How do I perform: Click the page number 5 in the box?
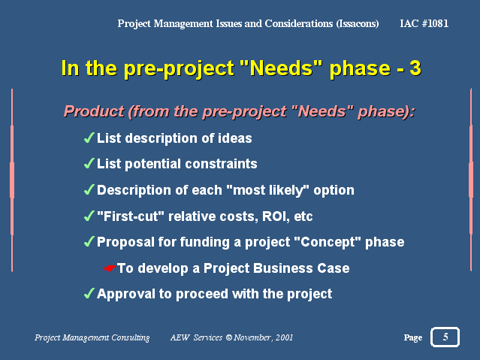445,337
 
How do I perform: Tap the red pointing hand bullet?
110,268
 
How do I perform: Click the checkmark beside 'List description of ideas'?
89,138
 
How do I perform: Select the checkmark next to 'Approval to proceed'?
89,294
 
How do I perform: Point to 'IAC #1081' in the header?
424,23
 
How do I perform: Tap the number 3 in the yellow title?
415,68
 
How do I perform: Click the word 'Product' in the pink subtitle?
94,111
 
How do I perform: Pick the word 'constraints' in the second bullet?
221,164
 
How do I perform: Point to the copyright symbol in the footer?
228,337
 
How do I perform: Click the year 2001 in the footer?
284,337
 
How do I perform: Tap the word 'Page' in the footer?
413,337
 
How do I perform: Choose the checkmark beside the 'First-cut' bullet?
89,216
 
